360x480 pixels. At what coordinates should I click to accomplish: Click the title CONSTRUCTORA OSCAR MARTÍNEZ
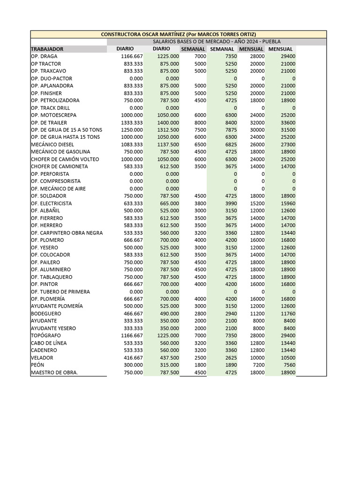coord(179,35)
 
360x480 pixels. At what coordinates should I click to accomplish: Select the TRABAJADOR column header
coord(47,49)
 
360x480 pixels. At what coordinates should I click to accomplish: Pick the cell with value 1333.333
coord(132,122)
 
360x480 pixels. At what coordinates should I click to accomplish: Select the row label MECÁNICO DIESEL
coord(52,144)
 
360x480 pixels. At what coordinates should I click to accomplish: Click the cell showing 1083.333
coord(132,144)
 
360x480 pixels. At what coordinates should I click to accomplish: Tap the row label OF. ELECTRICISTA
coord(51,203)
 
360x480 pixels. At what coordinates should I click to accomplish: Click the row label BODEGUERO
coord(46,314)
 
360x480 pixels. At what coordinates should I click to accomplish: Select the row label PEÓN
coord(37,365)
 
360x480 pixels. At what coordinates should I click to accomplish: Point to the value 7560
coord(288,365)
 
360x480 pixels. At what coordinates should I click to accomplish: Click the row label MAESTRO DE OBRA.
coord(54,372)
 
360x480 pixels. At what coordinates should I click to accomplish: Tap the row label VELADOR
coord(43,358)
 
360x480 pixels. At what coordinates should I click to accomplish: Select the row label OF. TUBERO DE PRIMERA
coord(60,292)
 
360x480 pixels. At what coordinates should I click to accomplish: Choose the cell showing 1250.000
coord(132,130)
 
